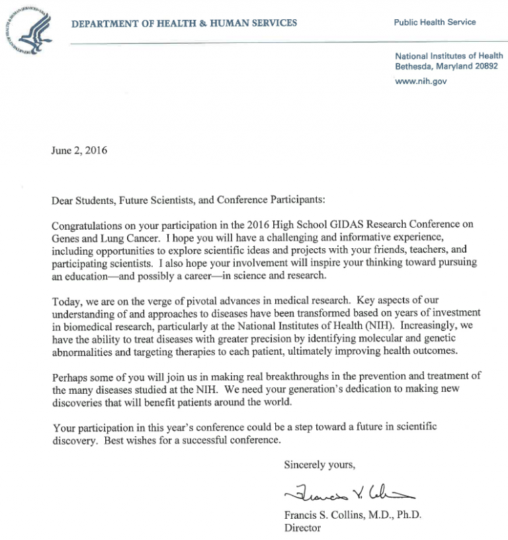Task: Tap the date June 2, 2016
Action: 79,150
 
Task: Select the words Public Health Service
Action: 435,22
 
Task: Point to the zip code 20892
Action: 485,67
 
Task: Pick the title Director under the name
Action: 302,528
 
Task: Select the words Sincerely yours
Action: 319,465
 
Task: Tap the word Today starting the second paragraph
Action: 67,301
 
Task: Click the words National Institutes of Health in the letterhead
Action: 448,56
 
